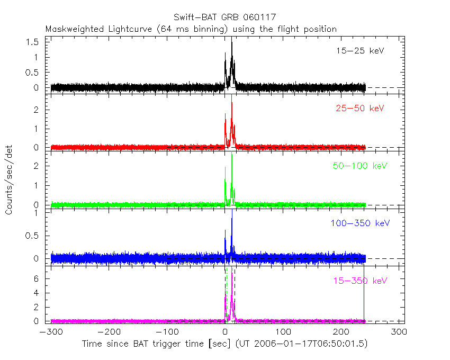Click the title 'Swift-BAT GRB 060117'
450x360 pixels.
click(224, 19)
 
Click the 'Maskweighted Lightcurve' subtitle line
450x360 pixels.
click(191, 29)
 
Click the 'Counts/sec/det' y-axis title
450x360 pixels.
click(9, 180)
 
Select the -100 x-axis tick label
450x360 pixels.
click(167, 332)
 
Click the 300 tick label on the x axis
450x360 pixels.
click(400, 332)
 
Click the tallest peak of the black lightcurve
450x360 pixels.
click(231, 43)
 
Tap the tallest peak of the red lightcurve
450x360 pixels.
click(231, 103)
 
